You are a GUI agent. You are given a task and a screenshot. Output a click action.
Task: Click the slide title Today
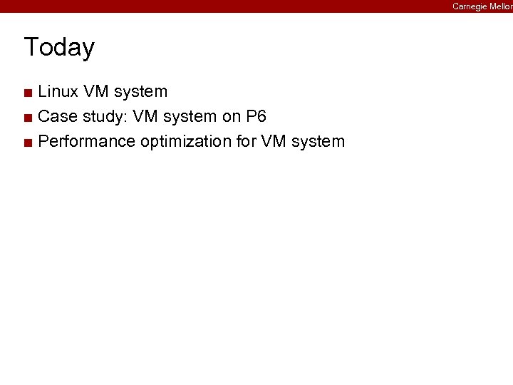(x=59, y=47)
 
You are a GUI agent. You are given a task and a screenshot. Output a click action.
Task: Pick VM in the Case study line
(x=142, y=116)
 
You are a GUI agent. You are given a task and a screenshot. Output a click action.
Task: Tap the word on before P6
(x=232, y=116)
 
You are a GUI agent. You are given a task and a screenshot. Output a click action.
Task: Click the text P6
(x=256, y=116)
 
